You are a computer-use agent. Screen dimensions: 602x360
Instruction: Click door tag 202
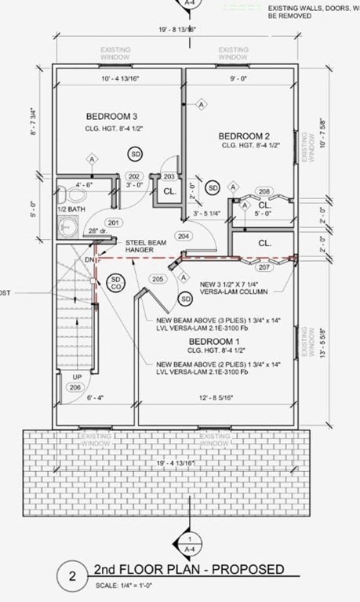(x=134, y=176)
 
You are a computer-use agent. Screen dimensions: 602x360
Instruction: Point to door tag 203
(x=169, y=176)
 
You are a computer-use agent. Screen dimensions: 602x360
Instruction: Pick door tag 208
(x=264, y=191)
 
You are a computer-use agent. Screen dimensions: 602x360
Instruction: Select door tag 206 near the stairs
(x=75, y=388)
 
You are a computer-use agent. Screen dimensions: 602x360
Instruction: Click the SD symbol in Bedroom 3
(x=136, y=152)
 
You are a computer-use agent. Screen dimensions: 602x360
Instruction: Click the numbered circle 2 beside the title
(x=72, y=578)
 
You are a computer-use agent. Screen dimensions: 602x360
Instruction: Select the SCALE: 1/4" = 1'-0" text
(x=131, y=585)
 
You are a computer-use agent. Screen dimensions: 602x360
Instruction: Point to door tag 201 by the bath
(x=113, y=223)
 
